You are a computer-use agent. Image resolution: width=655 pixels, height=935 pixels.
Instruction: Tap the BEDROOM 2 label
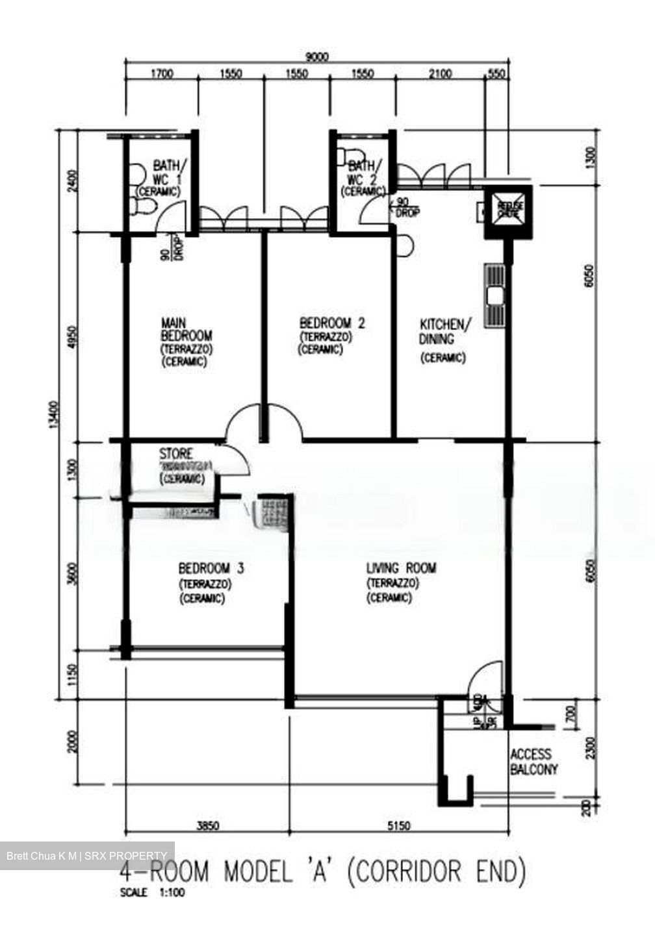pos(331,323)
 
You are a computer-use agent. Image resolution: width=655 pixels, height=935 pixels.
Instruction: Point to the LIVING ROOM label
pos(401,568)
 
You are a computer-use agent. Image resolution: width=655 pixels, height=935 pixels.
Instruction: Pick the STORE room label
pos(176,453)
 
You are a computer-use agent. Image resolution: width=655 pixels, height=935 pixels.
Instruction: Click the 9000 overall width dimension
pos(318,57)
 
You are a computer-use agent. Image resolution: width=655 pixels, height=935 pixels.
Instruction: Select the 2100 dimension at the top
pos(439,73)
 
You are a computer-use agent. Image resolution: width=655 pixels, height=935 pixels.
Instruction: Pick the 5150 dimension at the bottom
pos(399,826)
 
